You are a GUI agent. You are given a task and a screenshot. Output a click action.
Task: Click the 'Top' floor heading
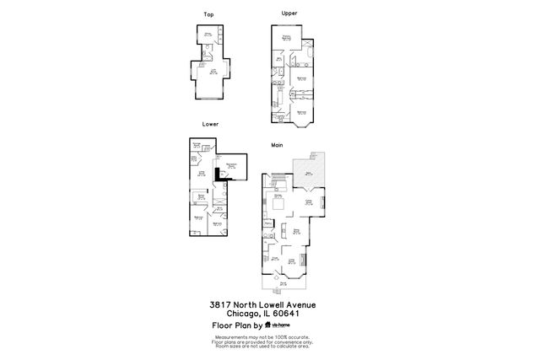pyautogui.click(x=208, y=15)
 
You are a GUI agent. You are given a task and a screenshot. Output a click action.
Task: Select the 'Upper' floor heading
pyautogui.click(x=289, y=13)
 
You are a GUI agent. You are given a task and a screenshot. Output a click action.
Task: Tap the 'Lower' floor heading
pyautogui.click(x=210, y=124)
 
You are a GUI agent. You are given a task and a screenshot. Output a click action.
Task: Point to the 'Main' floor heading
pyautogui.click(x=277, y=144)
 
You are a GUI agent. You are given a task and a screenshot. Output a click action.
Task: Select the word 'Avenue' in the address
pyautogui.click(x=307, y=304)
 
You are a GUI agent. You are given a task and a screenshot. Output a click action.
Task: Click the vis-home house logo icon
pyautogui.click(x=268, y=325)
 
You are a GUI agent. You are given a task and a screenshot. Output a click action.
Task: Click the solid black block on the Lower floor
pyautogui.click(x=218, y=174)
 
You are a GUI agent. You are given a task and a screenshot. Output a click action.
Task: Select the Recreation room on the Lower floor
pyautogui.click(x=230, y=166)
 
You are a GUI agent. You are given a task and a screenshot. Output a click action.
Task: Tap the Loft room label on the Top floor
pyautogui.click(x=213, y=73)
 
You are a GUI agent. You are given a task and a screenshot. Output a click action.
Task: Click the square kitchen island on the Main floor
pyautogui.click(x=277, y=202)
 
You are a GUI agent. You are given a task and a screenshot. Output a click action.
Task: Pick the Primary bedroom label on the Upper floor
pyautogui.click(x=287, y=38)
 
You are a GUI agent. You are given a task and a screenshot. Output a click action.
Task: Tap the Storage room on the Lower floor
pyautogui.click(x=197, y=146)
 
